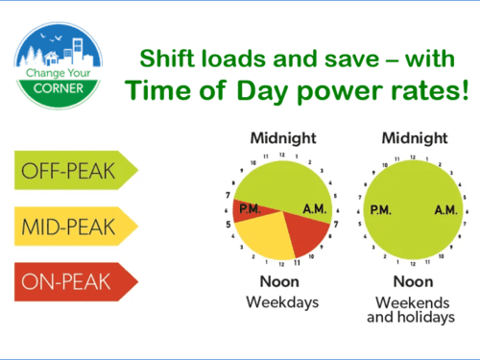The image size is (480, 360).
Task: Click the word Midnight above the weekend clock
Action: pos(414,137)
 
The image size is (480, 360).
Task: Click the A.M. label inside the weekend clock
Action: pos(444,209)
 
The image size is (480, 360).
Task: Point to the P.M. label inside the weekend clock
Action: pos(382,209)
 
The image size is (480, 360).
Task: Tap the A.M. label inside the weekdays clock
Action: pos(315,209)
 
